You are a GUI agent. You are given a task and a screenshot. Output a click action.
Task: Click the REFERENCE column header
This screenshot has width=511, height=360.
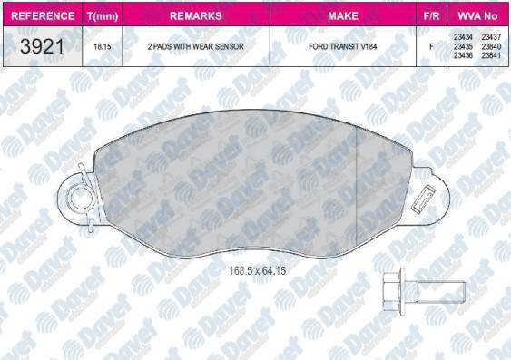(x=43, y=15)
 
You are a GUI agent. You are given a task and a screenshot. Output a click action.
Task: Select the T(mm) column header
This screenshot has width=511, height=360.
(x=103, y=16)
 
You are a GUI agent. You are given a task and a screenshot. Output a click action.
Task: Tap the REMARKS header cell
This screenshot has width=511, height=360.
(x=196, y=15)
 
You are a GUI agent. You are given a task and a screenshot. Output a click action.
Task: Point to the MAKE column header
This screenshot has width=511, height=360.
(x=343, y=15)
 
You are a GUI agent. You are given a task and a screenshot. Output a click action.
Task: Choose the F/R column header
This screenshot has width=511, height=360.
(x=431, y=15)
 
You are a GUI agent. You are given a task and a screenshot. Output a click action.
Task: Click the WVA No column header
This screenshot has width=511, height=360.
(x=477, y=15)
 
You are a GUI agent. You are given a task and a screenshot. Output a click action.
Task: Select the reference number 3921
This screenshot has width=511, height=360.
(x=43, y=46)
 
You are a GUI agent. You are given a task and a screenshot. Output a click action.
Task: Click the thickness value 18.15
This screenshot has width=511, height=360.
(x=103, y=46)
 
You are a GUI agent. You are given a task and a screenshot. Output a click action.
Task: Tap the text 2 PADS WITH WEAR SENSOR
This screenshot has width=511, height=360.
(x=195, y=46)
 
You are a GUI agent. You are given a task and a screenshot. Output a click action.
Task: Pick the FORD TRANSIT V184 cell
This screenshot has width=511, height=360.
(x=343, y=46)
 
